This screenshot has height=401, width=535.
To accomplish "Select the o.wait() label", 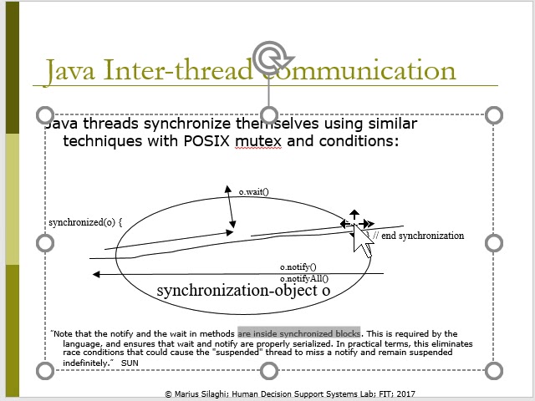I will coord(254,192).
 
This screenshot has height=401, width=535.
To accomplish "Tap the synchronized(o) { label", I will coord(85,222).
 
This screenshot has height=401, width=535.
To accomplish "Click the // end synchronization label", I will coord(418,236).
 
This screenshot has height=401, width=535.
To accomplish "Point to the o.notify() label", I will coord(298,267).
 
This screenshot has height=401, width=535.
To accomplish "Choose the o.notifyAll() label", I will coord(304,278).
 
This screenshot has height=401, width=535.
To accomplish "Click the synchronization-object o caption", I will coord(243,291).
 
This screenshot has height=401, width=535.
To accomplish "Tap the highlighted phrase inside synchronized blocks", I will coord(298,332).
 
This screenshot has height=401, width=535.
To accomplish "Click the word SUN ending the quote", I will coord(130,363).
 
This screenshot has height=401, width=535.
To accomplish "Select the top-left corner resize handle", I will coord(45,114).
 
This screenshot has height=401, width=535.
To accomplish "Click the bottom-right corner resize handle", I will coord(493,370).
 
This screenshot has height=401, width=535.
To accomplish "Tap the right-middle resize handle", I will coord(493,242).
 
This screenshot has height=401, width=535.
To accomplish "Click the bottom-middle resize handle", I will coord(269,370).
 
